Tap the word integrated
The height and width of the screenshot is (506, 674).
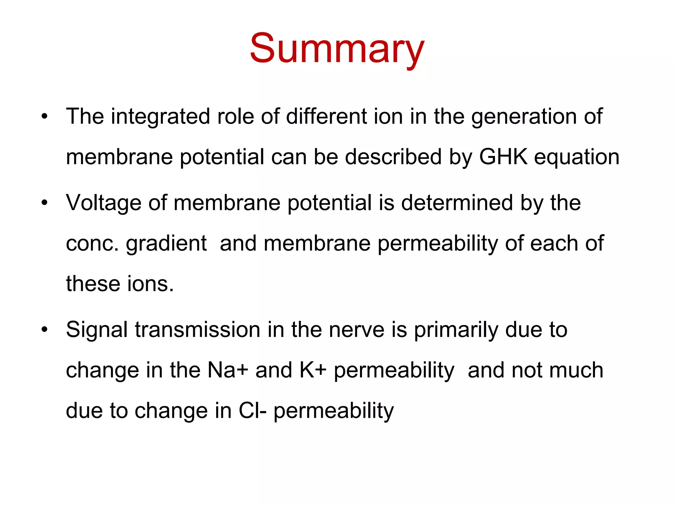(x=160, y=117)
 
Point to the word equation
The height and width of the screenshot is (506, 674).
(x=577, y=157)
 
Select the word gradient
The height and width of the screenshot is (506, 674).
(x=166, y=244)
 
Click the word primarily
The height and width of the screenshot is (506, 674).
(x=456, y=330)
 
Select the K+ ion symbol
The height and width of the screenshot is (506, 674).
(x=313, y=370)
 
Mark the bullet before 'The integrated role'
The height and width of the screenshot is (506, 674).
(x=45, y=117)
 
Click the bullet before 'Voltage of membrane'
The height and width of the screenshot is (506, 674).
(x=45, y=203)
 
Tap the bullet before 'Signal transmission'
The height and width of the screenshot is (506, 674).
(x=45, y=330)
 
